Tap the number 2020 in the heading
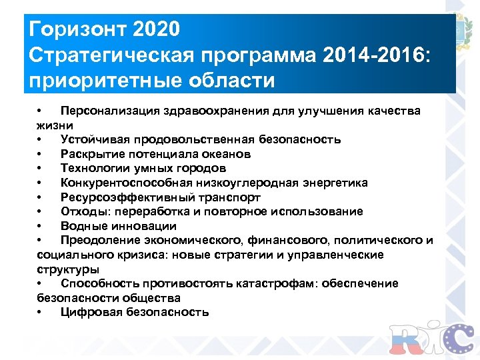(157, 30)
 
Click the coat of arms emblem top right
(466, 32)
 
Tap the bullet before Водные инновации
(41, 226)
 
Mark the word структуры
(68, 269)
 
